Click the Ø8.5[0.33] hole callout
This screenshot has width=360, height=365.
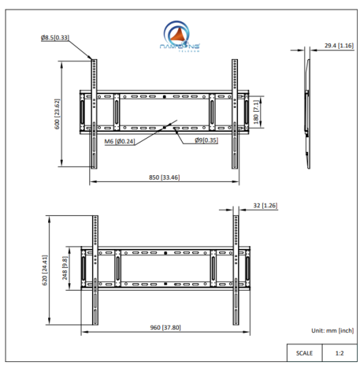[54, 36]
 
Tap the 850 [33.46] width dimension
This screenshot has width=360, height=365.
[164, 177]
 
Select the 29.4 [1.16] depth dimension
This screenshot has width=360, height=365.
[338, 45]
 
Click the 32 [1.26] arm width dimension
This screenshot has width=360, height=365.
[264, 207]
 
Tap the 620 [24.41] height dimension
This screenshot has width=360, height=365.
[45, 269]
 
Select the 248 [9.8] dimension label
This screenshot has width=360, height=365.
[64, 269]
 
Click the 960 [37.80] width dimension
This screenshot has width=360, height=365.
[164, 328]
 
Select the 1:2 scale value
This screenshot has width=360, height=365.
[339, 353]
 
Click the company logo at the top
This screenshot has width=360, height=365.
[177, 36]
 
